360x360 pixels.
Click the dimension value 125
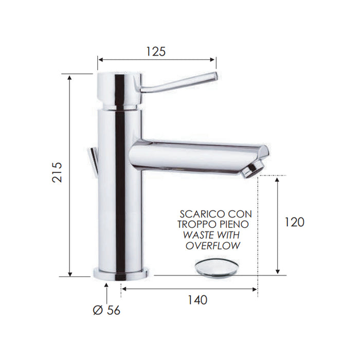(x=156, y=51)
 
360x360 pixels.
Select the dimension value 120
(x=294, y=222)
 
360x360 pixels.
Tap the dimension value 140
(x=197, y=300)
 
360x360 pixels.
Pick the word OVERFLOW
(x=213, y=246)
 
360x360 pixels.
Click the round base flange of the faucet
(x=120, y=273)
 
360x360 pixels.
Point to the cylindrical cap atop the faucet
(x=118, y=90)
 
